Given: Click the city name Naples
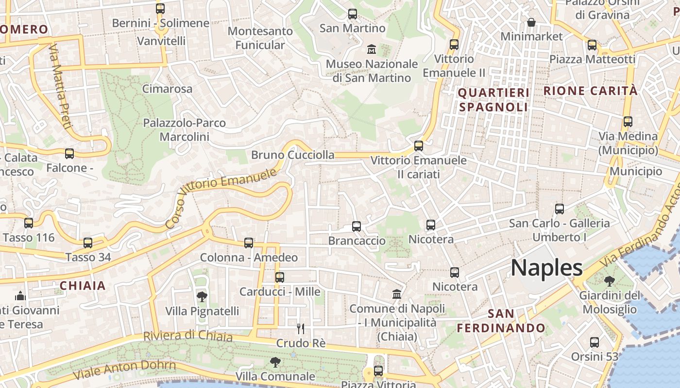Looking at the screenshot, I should pyautogui.click(x=546, y=268).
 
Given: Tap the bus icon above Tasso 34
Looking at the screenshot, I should pyautogui.click(x=88, y=243).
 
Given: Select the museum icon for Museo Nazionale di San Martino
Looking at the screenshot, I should pyautogui.click(x=372, y=49).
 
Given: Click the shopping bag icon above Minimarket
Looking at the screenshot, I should pyautogui.click(x=531, y=22).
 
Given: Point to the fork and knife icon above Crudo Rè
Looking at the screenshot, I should pyautogui.click(x=301, y=329).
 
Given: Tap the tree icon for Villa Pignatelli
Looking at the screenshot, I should pyautogui.click(x=202, y=296).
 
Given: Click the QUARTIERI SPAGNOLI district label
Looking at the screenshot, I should pyautogui.click(x=493, y=100).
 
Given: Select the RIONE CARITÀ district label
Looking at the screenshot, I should pyautogui.click(x=590, y=91).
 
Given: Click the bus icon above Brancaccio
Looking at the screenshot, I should pyautogui.click(x=357, y=226).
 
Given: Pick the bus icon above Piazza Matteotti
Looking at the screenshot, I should pyautogui.click(x=592, y=45).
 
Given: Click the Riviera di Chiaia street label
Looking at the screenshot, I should pyautogui.click(x=187, y=336).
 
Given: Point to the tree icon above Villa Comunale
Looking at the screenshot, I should pyautogui.click(x=275, y=362).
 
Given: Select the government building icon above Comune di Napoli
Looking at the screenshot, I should pyautogui.click(x=397, y=294).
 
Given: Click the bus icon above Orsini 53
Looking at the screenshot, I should pyautogui.click(x=595, y=342).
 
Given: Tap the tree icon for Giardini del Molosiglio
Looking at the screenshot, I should pyautogui.click(x=609, y=281).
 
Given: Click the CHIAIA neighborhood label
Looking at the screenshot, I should pyautogui.click(x=83, y=286).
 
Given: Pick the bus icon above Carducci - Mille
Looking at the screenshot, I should pyautogui.click(x=280, y=277).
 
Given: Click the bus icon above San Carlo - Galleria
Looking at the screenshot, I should pyautogui.click(x=560, y=209).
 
